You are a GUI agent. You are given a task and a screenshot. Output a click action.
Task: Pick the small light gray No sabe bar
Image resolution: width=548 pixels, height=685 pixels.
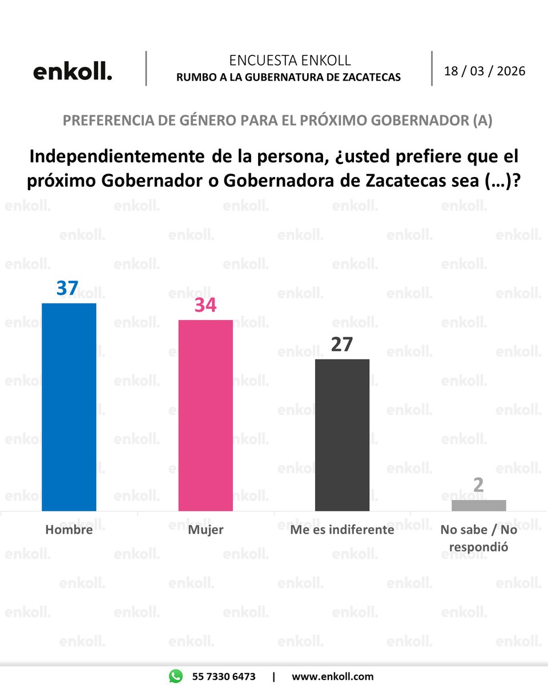478,505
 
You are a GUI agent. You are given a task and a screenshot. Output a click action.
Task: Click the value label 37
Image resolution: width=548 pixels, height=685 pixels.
67,288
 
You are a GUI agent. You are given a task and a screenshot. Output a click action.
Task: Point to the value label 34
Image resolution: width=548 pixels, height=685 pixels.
205,305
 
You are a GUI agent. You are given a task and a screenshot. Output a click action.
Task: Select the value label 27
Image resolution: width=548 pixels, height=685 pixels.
342,345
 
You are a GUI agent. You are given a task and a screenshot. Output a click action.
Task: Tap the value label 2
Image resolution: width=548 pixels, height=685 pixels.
478,485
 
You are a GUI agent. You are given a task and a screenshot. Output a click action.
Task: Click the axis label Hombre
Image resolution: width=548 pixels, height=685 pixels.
69,530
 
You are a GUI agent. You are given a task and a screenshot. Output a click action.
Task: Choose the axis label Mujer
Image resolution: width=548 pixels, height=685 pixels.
205,530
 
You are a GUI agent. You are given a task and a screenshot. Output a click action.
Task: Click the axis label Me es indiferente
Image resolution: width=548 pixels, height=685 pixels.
342,530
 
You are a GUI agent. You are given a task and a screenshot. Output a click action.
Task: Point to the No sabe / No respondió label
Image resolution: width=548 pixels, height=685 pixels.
478,538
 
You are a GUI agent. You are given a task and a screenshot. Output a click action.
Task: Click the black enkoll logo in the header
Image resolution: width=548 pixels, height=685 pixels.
72,72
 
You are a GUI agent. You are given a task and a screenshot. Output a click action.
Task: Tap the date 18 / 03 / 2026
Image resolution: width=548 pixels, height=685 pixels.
485,71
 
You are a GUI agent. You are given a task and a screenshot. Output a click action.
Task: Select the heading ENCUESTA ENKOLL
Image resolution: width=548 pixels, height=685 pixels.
289,61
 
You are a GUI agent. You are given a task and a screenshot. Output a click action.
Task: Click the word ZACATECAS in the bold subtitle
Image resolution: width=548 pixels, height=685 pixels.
370,77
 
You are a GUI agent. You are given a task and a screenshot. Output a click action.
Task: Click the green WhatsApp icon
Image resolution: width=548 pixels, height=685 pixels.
176,676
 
